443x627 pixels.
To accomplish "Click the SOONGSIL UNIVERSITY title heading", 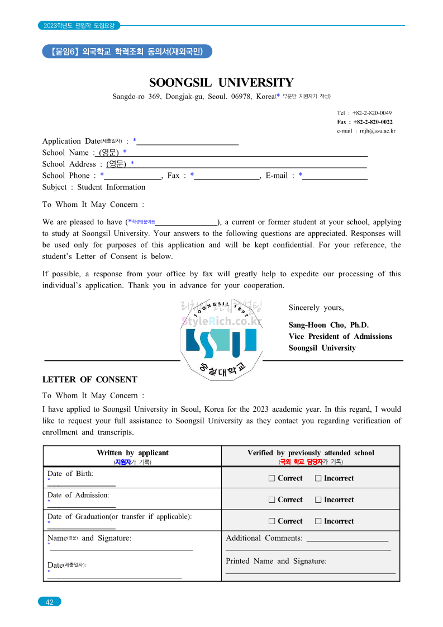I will click(221, 83).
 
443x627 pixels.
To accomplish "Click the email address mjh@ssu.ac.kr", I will click(366, 131).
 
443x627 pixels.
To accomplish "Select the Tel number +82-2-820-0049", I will click(364, 113).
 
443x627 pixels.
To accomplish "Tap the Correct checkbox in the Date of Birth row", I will click(272, 478).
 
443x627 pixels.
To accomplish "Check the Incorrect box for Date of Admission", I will click(318, 499).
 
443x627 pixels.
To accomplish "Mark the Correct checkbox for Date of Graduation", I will click(272, 521).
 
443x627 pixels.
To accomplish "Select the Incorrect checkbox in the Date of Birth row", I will click(318, 478).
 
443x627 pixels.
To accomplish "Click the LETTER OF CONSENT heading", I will click(89, 379).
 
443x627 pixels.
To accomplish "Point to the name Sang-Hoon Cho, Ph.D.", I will click(328, 325).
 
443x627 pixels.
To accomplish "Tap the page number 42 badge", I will click(50, 602).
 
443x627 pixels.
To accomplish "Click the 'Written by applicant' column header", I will click(132, 453).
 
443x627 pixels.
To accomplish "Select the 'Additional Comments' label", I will click(264, 538).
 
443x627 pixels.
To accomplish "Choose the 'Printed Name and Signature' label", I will click(276, 561).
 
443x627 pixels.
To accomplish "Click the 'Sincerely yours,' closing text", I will click(316, 308).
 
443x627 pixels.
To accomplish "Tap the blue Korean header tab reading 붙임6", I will click(127, 51).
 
